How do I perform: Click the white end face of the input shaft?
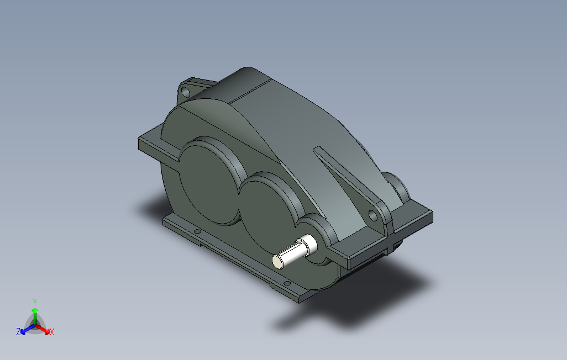(279, 260)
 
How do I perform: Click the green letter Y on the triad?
(34, 302)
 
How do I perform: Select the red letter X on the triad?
(51, 332)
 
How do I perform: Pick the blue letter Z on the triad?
(18, 332)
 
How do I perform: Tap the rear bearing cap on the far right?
(398, 188)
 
